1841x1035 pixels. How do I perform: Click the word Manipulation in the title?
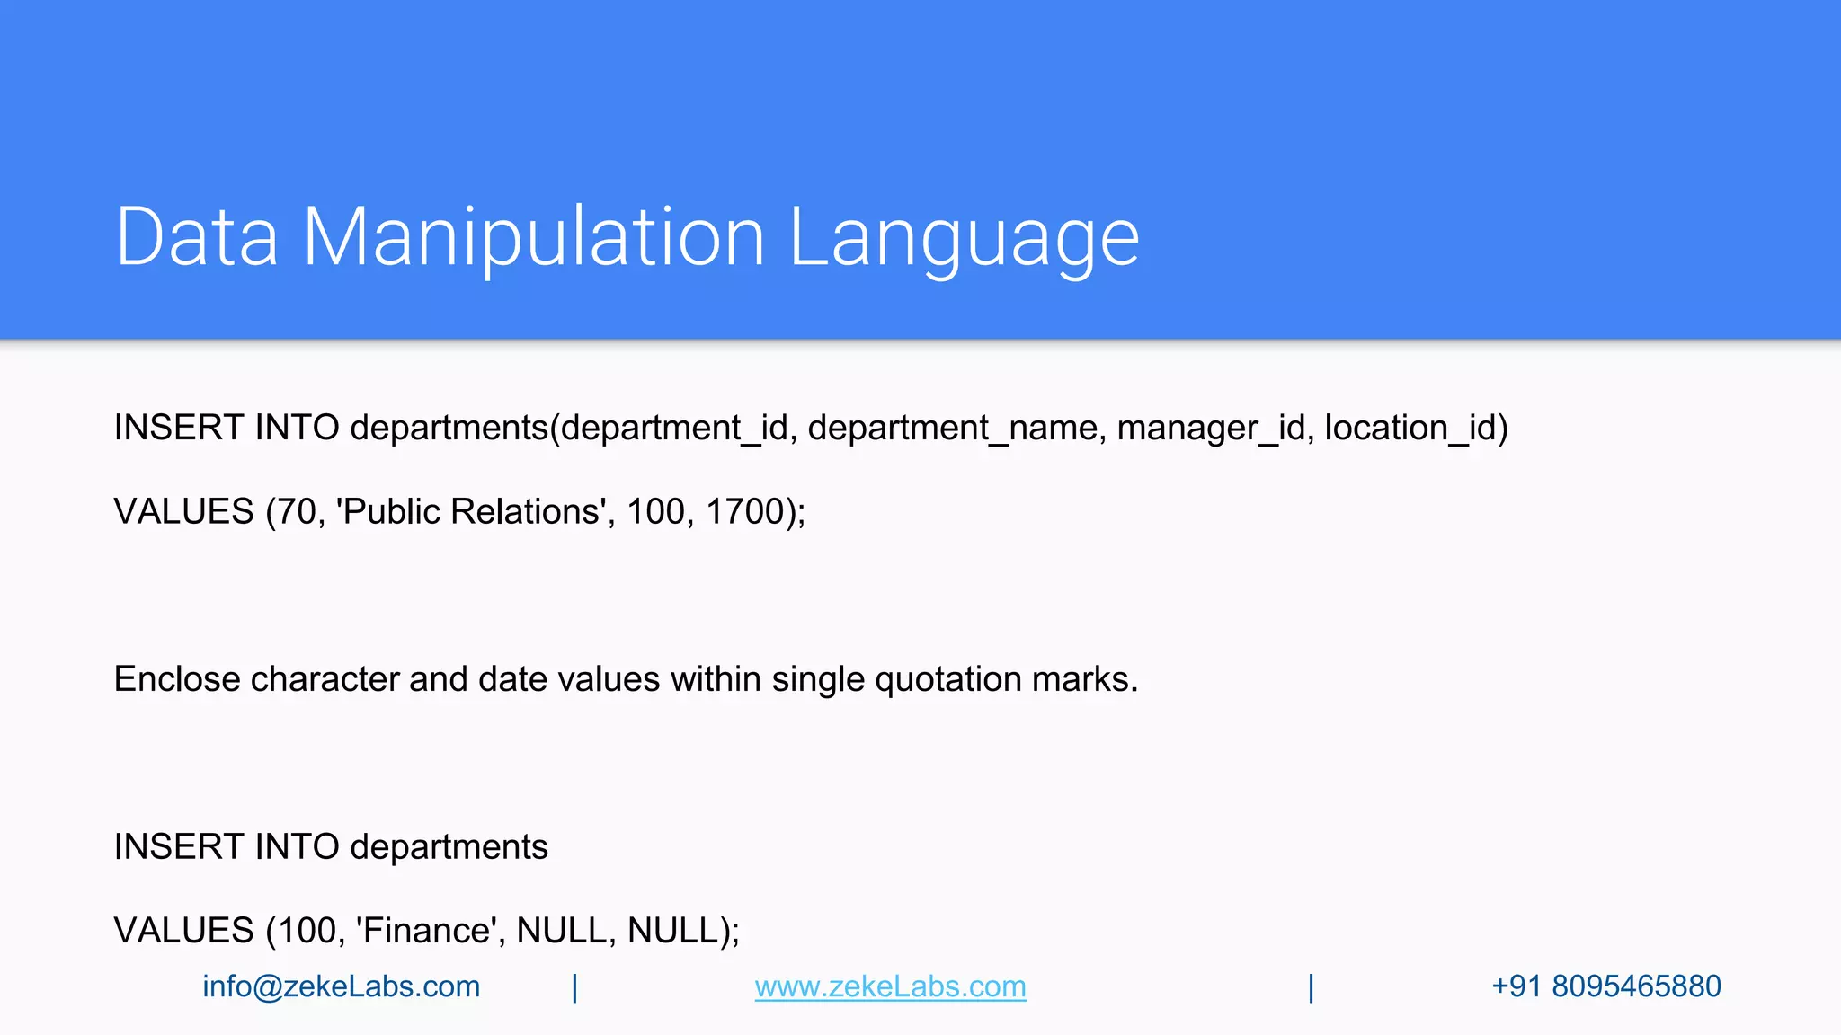tap(533, 237)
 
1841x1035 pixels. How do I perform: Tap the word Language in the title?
tap(964, 237)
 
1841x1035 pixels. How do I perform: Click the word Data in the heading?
tap(197, 237)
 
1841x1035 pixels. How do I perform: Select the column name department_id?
tap(674, 428)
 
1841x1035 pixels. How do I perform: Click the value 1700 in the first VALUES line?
tap(745, 512)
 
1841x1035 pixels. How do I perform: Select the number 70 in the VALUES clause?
tap(297, 512)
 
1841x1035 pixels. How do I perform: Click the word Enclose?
tap(177, 679)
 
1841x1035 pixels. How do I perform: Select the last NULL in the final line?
tap(672, 931)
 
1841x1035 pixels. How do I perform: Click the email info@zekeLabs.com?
tap(341, 986)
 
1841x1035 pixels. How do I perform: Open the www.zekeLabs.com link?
tap(890, 986)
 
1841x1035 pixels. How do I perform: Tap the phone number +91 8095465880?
tap(1605, 986)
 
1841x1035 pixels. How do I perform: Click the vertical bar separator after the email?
tap(574, 987)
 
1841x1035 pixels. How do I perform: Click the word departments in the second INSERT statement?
tap(449, 847)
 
